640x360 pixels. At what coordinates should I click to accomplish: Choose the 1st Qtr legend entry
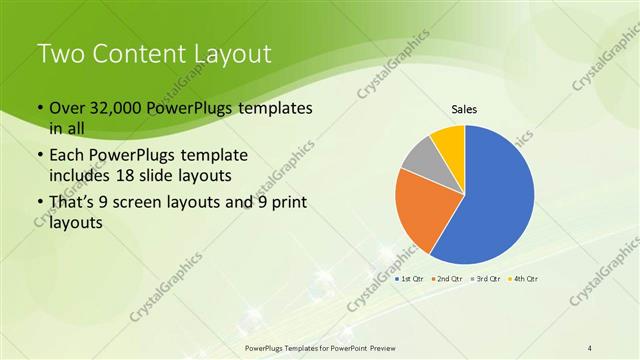click(x=412, y=278)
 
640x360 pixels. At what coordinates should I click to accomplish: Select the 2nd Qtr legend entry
click(x=447, y=278)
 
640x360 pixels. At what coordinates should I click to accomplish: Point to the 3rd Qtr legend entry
click(x=484, y=278)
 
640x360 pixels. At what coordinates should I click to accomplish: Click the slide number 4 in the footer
click(x=590, y=347)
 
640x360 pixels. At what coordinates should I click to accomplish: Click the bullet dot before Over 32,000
click(x=39, y=108)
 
